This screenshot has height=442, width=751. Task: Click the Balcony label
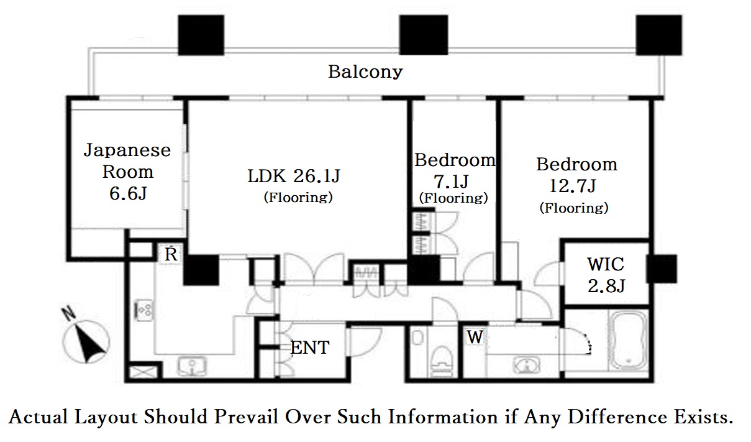point(365,72)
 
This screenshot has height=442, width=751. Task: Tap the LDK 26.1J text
point(294,176)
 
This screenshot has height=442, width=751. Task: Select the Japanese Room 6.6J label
point(127,172)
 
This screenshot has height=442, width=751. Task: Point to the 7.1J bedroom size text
point(451,182)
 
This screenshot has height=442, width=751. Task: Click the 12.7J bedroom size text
point(573,186)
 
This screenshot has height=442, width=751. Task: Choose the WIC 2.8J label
point(606,275)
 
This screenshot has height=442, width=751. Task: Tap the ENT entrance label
point(310,348)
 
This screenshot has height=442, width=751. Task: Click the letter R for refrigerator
point(171,254)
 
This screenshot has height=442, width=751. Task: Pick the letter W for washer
point(475,337)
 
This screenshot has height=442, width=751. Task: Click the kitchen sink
point(192,366)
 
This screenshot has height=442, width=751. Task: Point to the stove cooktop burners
point(144,310)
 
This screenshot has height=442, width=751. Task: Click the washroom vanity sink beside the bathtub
point(526,366)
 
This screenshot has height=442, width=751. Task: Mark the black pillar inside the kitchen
point(201,270)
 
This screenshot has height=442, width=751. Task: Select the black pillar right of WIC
point(661,269)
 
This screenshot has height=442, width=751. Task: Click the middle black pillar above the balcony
point(424,35)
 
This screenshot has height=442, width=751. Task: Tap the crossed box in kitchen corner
point(143,372)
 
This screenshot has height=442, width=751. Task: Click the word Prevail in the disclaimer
point(247,417)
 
